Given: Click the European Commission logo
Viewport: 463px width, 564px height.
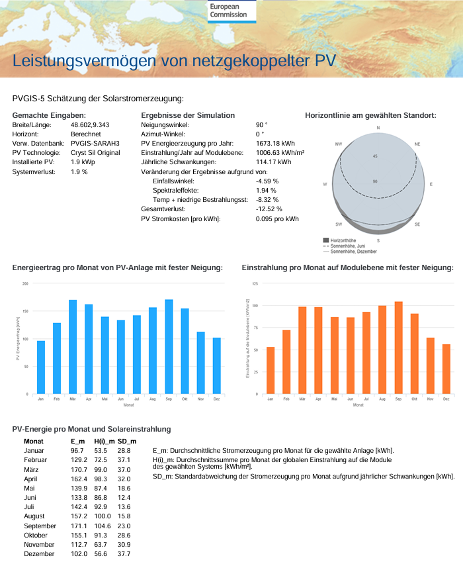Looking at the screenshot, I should pos(228,11).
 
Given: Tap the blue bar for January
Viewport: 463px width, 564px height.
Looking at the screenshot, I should pos(41,367).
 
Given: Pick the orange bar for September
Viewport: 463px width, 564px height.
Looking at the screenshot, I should pos(398,348).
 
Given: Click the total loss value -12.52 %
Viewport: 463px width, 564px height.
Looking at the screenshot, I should pos(269,209).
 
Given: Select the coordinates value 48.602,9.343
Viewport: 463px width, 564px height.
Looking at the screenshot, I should pos(90,124).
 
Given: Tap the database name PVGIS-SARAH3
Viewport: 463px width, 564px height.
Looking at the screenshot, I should pos(95,143).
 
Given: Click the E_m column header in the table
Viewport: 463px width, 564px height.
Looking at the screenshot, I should pos(77,441).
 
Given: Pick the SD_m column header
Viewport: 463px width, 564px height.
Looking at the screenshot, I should pos(127,441).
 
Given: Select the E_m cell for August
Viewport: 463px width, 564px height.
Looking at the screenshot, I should pos(77,516).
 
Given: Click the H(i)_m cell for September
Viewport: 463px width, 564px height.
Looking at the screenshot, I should pos(103,525).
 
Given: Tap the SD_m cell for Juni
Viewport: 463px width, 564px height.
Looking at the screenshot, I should pos(124,497).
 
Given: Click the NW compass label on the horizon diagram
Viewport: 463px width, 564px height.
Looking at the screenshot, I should pos(339,144).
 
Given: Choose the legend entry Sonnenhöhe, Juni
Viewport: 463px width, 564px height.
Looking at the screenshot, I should pos(349,246).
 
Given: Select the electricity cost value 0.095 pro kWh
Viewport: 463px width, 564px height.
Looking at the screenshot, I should pos(277,218).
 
